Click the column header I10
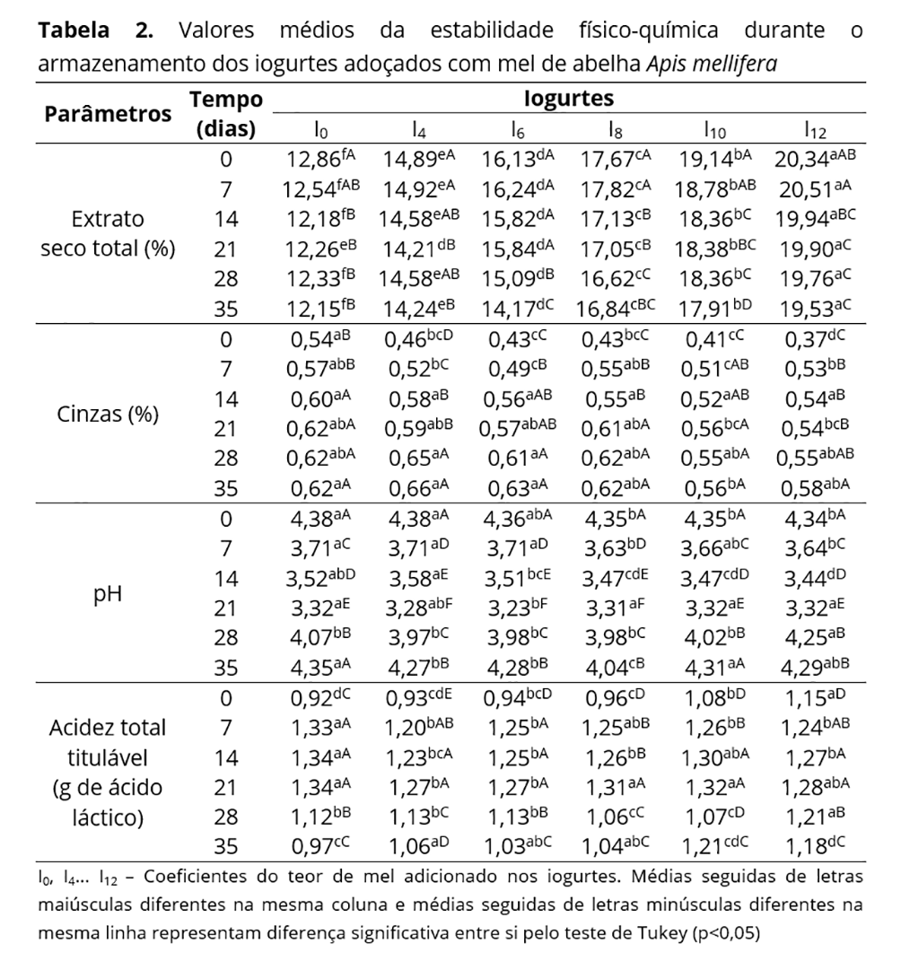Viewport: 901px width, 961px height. (x=715, y=131)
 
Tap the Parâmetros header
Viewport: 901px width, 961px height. (x=108, y=114)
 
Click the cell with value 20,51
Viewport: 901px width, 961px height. (x=812, y=189)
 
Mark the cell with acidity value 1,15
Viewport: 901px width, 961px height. (x=812, y=697)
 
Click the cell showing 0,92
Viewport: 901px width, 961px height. (x=317, y=697)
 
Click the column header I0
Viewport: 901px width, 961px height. (x=320, y=131)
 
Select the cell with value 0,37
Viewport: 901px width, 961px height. (x=812, y=339)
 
